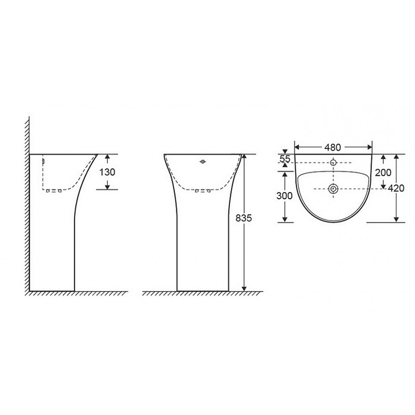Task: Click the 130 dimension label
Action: [x=107, y=172]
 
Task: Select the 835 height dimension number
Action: [x=244, y=218]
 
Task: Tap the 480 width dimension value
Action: [x=333, y=147]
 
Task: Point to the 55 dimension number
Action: [x=285, y=159]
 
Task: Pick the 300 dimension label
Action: [x=284, y=196]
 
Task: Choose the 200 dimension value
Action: [x=383, y=173]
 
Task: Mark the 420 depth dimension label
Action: [x=396, y=188]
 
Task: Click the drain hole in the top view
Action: [x=334, y=189]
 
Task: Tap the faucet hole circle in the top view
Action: [x=334, y=162]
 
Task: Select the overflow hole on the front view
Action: [x=203, y=162]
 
